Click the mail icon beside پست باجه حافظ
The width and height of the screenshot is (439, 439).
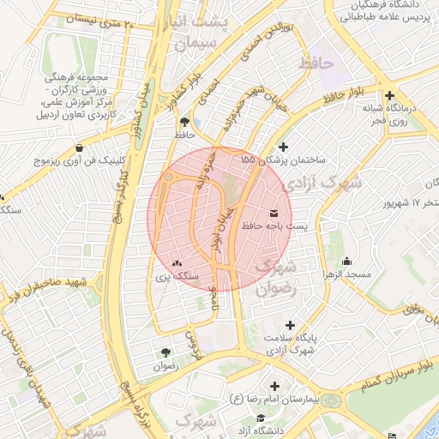274,212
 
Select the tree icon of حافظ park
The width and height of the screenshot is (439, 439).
184,122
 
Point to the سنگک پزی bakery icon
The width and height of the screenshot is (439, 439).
177,264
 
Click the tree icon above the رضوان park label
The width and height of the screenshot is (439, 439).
165,352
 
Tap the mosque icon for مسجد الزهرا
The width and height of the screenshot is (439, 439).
346,261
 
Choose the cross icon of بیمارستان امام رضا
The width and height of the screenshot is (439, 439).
274,386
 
